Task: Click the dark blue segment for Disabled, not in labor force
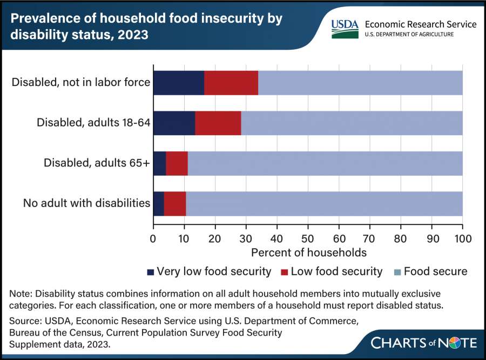[x=179, y=83]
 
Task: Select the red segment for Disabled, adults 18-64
[x=218, y=123]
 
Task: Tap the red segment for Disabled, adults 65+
[x=177, y=163]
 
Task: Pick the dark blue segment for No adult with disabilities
[x=158, y=204]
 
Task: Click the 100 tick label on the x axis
[x=462, y=238]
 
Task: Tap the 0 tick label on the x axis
[x=153, y=238]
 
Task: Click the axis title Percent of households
[x=309, y=252]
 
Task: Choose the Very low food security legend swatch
[x=150, y=271]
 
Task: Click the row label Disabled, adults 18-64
[x=93, y=123]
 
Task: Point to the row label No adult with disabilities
[x=86, y=204]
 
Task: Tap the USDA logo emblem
[x=344, y=28]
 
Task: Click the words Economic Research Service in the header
[x=421, y=24]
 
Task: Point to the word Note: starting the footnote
[x=22, y=294]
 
